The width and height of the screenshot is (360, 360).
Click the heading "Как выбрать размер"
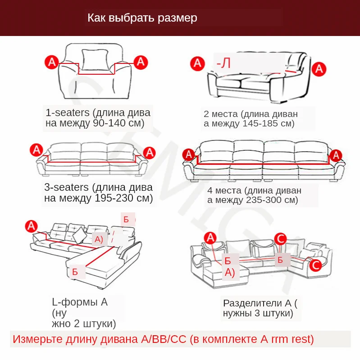[142, 18]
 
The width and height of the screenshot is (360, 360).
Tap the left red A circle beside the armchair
[52, 62]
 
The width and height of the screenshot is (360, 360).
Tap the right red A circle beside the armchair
[141, 61]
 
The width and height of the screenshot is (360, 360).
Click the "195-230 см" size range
[124, 198]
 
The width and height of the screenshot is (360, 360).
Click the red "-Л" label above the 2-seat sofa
[223, 63]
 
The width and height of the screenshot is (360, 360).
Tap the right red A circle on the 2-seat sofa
[319, 69]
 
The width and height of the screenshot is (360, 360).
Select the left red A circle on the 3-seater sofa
[36, 150]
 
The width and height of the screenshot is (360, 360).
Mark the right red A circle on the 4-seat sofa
[335, 155]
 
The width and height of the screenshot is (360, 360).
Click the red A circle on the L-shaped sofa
[31, 225]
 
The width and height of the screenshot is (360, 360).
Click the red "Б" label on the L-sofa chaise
[75, 272]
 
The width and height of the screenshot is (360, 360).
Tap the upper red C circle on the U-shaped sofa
[280, 238]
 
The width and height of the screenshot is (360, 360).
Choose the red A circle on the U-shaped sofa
[210, 238]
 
